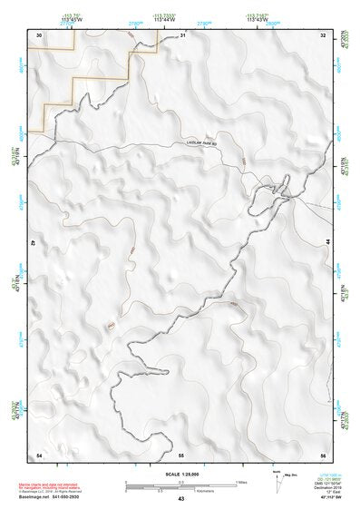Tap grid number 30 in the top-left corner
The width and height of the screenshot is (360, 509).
(x=39, y=34)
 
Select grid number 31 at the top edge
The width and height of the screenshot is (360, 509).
(x=182, y=34)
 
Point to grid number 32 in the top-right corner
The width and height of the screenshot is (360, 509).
(x=324, y=34)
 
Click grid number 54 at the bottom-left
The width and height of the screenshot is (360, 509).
(x=39, y=454)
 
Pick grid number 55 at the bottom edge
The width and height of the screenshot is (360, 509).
(x=181, y=454)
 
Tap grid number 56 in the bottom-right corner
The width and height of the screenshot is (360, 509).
(x=323, y=454)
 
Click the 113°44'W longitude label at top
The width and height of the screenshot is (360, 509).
(x=163, y=19)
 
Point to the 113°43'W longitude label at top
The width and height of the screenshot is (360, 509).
(x=257, y=19)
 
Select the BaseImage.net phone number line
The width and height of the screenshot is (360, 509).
(x=48, y=496)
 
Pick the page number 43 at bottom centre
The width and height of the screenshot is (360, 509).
(x=181, y=500)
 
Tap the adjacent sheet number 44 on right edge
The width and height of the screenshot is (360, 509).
(x=326, y=243)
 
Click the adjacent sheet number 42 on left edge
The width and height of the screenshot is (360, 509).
(x=34, y=243)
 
